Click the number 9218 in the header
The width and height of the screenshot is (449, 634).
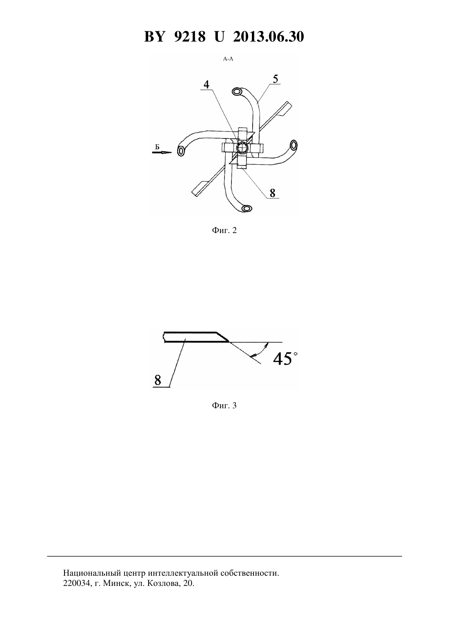pos(189,37)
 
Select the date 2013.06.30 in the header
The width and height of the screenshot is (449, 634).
pos(269,37)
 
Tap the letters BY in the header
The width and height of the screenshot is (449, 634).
pos(154,37)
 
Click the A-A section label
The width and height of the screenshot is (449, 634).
pos(228,59)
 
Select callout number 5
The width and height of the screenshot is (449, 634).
pos(276,79)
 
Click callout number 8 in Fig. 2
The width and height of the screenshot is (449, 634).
pos(272,193)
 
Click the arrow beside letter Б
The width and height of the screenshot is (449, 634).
pos(162,152)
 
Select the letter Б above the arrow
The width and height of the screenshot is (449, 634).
pos(157,147)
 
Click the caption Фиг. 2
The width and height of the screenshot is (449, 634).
pos(224,230)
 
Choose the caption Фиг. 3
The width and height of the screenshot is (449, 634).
pos(224,405)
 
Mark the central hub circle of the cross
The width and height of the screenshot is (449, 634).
pos(242,147)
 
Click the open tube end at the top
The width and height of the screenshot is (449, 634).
pos(237,91)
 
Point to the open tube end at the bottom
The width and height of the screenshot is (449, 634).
pos(247,209)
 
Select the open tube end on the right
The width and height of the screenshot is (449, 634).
pos(293,145)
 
